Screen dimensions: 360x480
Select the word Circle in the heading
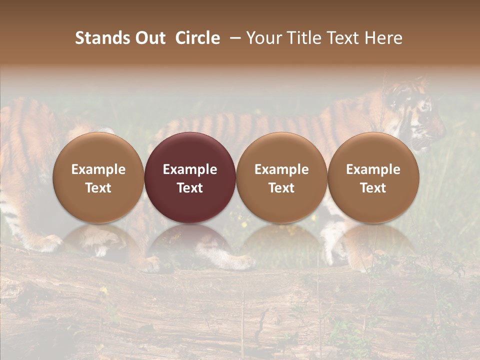(x=197, y=38)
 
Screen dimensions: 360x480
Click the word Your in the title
(x=262, y=38)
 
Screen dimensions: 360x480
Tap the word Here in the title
(x=384, y=38)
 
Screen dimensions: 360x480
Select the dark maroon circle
(x=190, y=177)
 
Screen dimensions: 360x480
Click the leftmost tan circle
(x=98, y=177)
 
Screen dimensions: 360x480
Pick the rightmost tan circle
(x=373, y=177)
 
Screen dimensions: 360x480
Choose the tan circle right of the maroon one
(x=281, y=177)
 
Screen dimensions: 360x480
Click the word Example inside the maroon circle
(x=190, y=169)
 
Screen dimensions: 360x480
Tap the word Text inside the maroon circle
(x=190, y=188)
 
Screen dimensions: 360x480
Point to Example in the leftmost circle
(x=98, y=169)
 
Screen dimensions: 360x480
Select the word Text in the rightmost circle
(x=373, y=188)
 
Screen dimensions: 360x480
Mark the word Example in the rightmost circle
(x=373, y=169)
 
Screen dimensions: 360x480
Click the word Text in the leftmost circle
(x=98, y=188)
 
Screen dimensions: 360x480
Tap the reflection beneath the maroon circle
(x=190, y=242)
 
